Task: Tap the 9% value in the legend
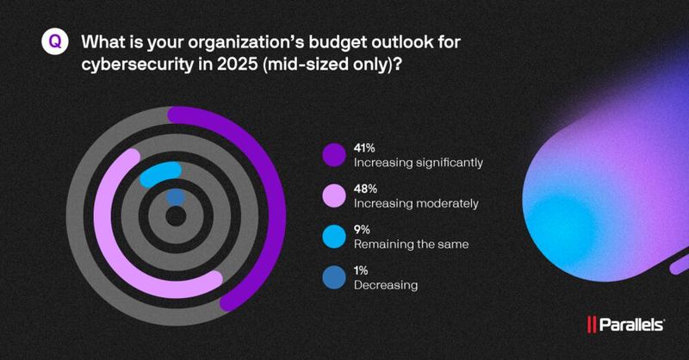(x=362, y=230)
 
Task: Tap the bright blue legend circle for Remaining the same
(x=333, y=237)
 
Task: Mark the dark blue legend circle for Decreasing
(x=333, y=278)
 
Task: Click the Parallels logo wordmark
(x=630, y=325)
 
